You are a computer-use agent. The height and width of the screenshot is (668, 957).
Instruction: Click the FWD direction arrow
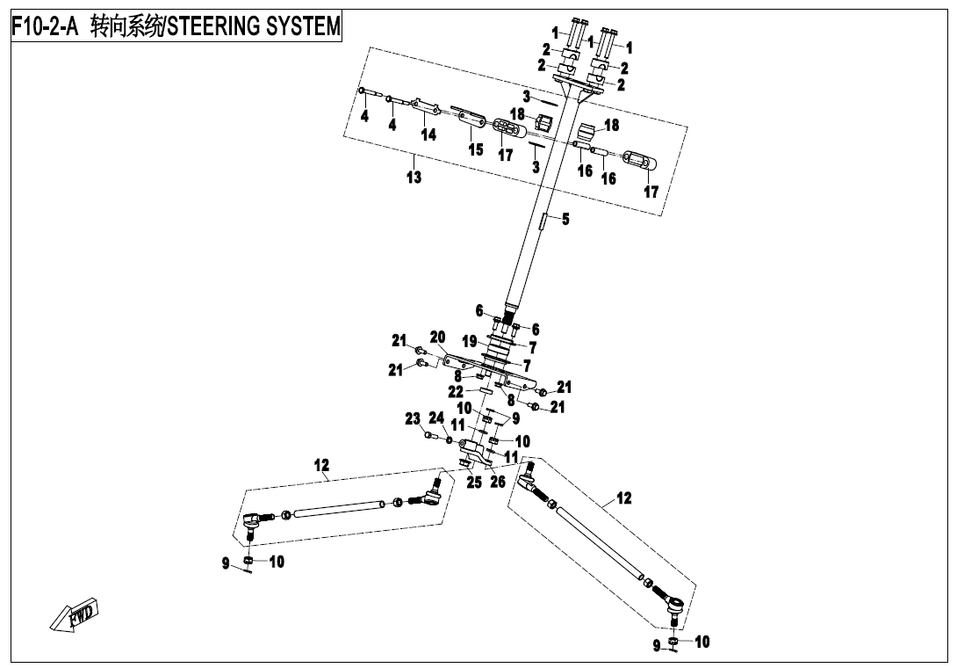coord(76,614)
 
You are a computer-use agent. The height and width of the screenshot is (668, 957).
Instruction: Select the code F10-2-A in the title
coord(45,26)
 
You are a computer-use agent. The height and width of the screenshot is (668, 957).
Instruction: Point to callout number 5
coord(565,219)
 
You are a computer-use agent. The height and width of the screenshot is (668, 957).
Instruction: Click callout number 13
coord(414,178)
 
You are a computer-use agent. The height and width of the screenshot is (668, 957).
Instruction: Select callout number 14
coord(428,134)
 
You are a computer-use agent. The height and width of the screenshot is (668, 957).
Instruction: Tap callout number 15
coord(475,149)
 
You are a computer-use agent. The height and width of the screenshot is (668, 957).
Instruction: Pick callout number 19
coord(469,341)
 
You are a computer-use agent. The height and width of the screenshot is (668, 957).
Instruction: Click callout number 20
coord(437,338)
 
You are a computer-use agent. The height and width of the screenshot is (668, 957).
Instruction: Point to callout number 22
coord(456,391)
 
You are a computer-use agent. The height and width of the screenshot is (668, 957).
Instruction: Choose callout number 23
coord(413,419)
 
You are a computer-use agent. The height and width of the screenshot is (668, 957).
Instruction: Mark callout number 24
coord(436,417)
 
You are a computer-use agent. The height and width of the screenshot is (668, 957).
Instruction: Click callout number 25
coord(474,482)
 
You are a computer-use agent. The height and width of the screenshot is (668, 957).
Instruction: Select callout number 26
coord(498,482)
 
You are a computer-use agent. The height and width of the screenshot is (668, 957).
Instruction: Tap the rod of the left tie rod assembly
coord(339,508)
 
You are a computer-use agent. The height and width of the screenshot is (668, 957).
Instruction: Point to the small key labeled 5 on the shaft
coord(544,220)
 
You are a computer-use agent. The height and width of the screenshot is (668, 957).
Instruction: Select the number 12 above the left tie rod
coord(322,465)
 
